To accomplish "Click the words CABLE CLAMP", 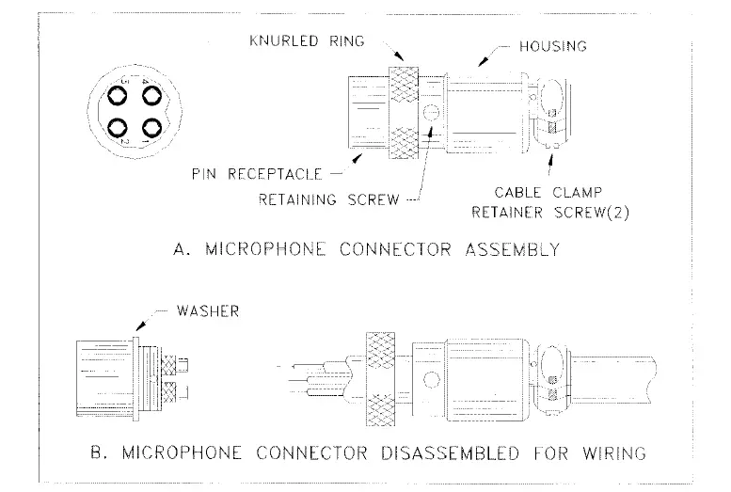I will point(550,192).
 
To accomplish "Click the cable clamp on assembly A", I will point(548,113).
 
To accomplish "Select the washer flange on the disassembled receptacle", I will point(135,375).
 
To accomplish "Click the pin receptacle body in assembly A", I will point(368,113).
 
